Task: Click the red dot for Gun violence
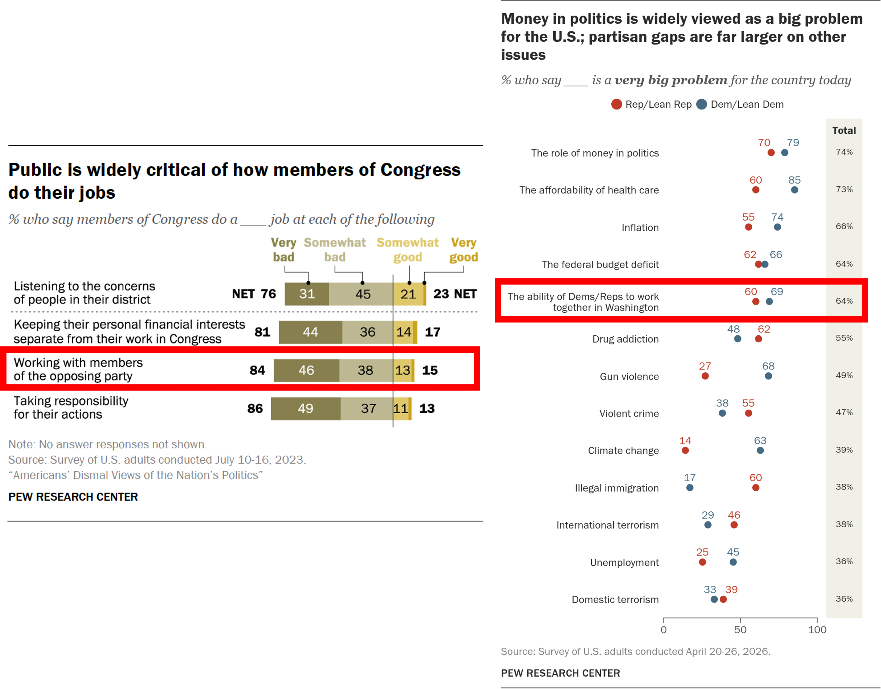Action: (705, 376)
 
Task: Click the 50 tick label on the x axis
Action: (740, 630)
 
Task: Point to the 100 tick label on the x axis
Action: (817, 630)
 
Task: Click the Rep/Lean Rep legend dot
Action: (616, 105)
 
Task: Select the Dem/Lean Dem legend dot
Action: (702, 105)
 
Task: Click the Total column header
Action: (844, 130)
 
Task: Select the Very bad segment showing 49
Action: (305, 409)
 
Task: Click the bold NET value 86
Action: (255, 409)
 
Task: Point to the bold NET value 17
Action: (433, 332)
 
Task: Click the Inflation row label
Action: (640, 228)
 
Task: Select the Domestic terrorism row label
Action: (615, 599)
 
